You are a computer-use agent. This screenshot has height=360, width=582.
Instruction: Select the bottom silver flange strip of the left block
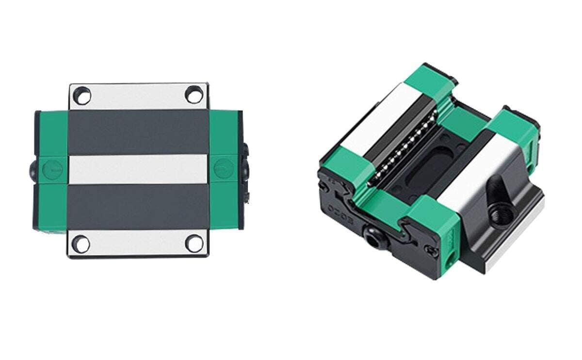(138, 244)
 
